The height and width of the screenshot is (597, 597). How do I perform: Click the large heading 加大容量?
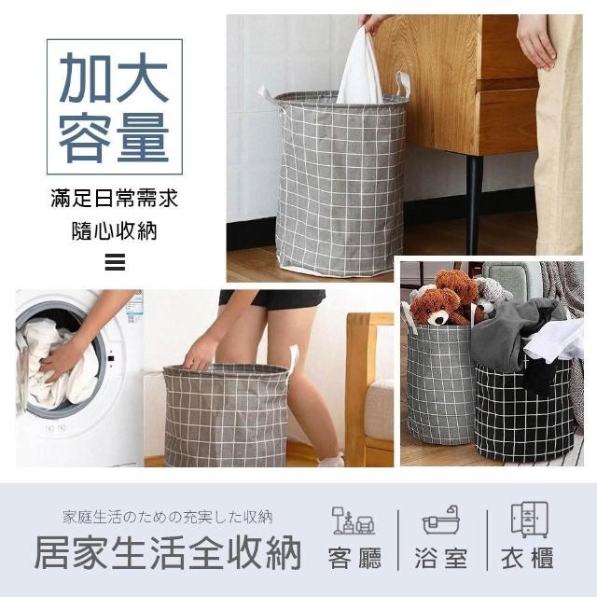pos(114,107)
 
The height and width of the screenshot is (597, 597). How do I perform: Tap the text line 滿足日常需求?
pos(115,199)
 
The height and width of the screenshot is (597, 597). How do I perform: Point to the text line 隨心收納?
pos(115,230)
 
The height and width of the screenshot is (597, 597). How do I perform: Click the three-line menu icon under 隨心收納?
pos(115,262)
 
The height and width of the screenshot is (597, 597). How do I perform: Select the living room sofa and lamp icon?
pos(354,521)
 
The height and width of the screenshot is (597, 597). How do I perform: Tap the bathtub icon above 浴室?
pos(441,521)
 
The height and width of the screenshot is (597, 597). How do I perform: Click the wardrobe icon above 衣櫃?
pos(530,520)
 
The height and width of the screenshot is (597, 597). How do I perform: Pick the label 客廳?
pos(354,559)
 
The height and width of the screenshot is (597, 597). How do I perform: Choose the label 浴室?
pos(441,559)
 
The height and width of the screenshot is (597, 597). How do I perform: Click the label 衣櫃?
pos(528,559)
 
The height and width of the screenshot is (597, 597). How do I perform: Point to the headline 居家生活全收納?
pos(168,552)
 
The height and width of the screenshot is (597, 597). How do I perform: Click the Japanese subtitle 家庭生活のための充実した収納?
pos(168,518)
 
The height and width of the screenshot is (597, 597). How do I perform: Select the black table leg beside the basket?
pos(474,204)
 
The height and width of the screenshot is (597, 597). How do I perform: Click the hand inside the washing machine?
pos(62,361)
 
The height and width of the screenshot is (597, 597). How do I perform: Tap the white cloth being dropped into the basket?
pos(360,67)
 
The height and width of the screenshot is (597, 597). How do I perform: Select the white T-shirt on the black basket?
pos(554,340)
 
